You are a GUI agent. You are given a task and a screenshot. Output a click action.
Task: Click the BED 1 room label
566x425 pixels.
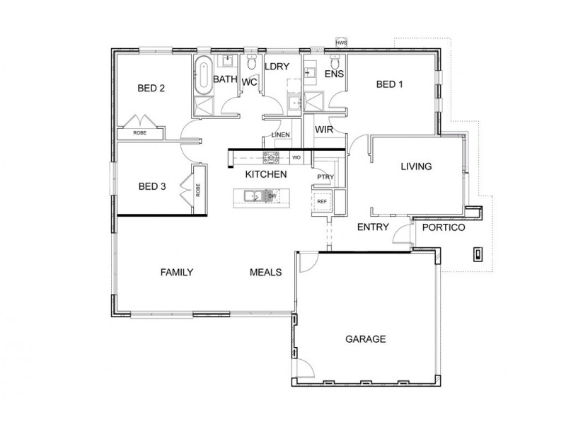pos(389,85)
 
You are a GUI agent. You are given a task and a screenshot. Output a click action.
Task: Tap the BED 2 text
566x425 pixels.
pos(151,89)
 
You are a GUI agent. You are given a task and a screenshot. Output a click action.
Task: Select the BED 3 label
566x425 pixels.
pos(151,187)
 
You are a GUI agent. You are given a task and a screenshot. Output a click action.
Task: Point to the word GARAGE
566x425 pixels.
pos(365,339)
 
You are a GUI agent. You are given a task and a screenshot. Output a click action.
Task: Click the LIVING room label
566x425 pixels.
pos(416,167)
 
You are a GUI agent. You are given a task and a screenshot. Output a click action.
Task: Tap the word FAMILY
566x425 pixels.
pos(177,272)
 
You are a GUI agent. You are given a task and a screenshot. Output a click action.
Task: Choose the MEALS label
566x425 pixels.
pos(266,272)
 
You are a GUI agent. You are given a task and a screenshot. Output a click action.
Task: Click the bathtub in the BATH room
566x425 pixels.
pos(202,75)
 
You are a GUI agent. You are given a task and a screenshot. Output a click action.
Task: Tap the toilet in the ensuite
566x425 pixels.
pos(336,62)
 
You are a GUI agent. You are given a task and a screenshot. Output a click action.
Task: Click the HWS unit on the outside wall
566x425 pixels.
pos(341,42)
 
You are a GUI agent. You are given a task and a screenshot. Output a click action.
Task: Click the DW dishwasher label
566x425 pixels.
pos(272,195)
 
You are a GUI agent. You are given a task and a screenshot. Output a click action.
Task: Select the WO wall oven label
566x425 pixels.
pos(296,157)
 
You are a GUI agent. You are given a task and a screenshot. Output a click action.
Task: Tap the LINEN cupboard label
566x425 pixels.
pos(279,136)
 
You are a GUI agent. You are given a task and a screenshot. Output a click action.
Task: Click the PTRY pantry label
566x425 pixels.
pos(325,176)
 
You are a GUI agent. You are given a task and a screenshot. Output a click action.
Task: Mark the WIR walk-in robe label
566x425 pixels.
pos(325,130)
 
